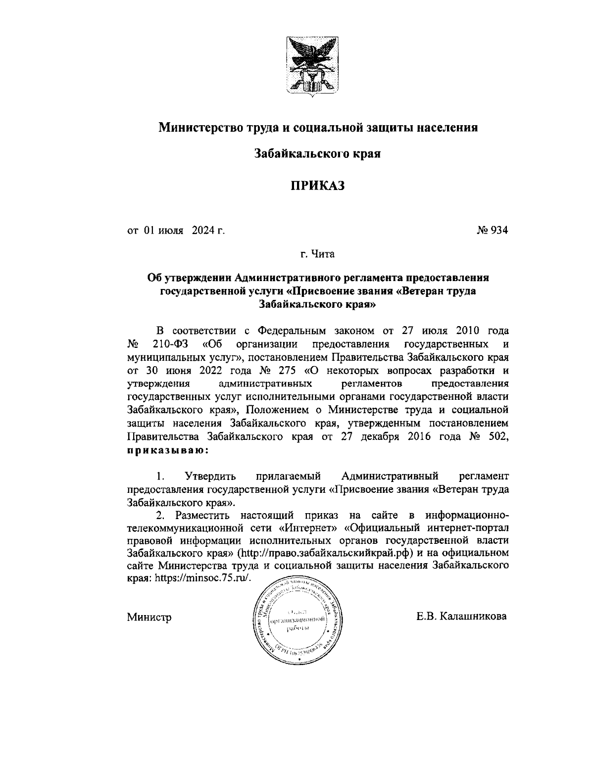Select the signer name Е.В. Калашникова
(x=461, y=617)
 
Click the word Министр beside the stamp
(x=149, y=617)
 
